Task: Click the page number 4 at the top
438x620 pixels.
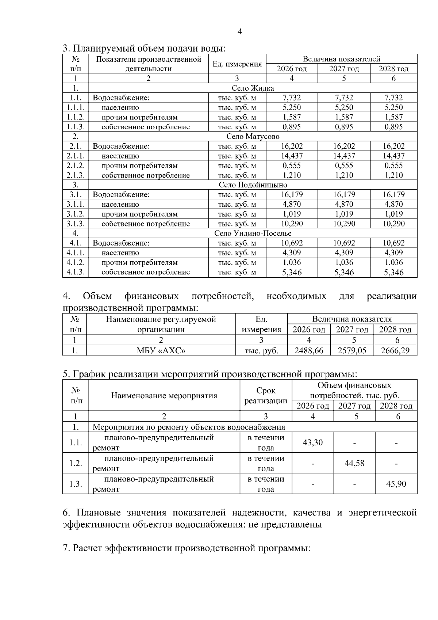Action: pyautogui.click(x=239, y=32)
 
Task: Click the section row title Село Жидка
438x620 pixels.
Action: pyautogui.click(x=253, y=88)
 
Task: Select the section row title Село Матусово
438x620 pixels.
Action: pyautogui.click(x=253, y=137)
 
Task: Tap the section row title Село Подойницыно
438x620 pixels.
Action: pyautogui.click(x=253, y=185)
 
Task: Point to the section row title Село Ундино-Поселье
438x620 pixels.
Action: pyautogui.click(x=253, y=233)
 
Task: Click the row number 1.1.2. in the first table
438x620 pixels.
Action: pyautogui.click(x=76, y=117)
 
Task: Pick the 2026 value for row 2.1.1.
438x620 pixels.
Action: pyautogui.click(x=292, y=156)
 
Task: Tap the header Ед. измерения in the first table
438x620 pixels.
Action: pyautogui.click(x=237, y=64)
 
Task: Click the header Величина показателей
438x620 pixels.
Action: pyautogui.click(x=341, y=59)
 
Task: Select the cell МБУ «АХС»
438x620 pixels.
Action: pyautogui.click(x=161, y=351)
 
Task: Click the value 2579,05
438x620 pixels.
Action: pyautogui.click(x=352, y=351)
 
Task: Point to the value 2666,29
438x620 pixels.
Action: pyautogui.click(x=395, y=351)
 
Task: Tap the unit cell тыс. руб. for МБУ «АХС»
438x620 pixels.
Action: pyautogui.click(x=261, y=351)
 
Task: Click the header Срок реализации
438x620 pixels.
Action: pyautogui.click(x=266, y=396)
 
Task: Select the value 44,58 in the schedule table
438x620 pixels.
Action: pyautogui.click(x=354, y=463)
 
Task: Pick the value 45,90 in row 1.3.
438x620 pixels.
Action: pyautogui.click(x=396, y=484)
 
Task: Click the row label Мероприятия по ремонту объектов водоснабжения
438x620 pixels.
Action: pyautogui.click(x=189, y=427)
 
